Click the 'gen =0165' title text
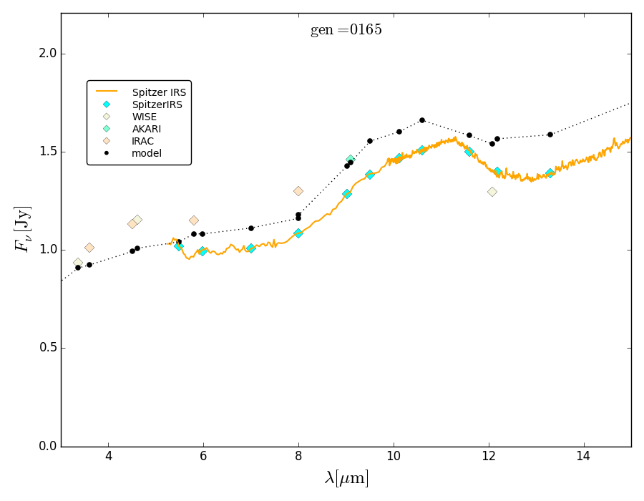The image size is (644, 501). click(x=346, y=30)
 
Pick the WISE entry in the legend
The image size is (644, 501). click(x=144, y=117)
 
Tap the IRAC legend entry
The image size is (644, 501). click(x=142, y=141)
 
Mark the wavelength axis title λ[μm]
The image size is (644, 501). click(x=346, y=478)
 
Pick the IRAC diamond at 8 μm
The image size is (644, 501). click(x=298, y=191)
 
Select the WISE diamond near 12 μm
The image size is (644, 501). click(x=492, y=192)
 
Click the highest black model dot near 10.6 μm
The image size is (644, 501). click(x=422, y=120)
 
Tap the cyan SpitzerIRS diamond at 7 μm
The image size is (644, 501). click(x=251, y=248)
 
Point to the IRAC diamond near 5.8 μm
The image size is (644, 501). click(x=194, y=220)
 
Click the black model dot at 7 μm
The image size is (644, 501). click(x=251, y=228)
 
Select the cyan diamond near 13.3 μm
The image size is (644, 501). click(x=550, y=173)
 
